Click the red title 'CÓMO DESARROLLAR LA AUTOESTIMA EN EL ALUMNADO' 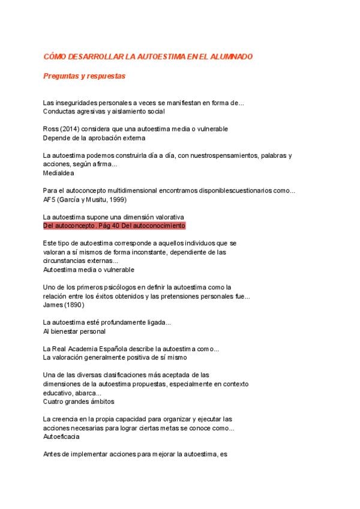coord(148,56)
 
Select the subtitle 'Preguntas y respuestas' coord(84,76)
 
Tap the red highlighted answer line coord(114,226)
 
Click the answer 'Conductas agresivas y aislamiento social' coord(104,111)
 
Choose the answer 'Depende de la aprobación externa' coord(94,137)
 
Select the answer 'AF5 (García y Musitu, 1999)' coord(85,199)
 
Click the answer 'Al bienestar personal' coord(74,331)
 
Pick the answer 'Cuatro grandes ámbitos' coord(79,402)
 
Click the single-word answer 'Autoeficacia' coord(61,436)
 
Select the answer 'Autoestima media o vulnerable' coord(89,270)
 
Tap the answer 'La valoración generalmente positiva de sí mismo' coord(115,357)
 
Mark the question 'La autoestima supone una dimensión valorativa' coord(113,217)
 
